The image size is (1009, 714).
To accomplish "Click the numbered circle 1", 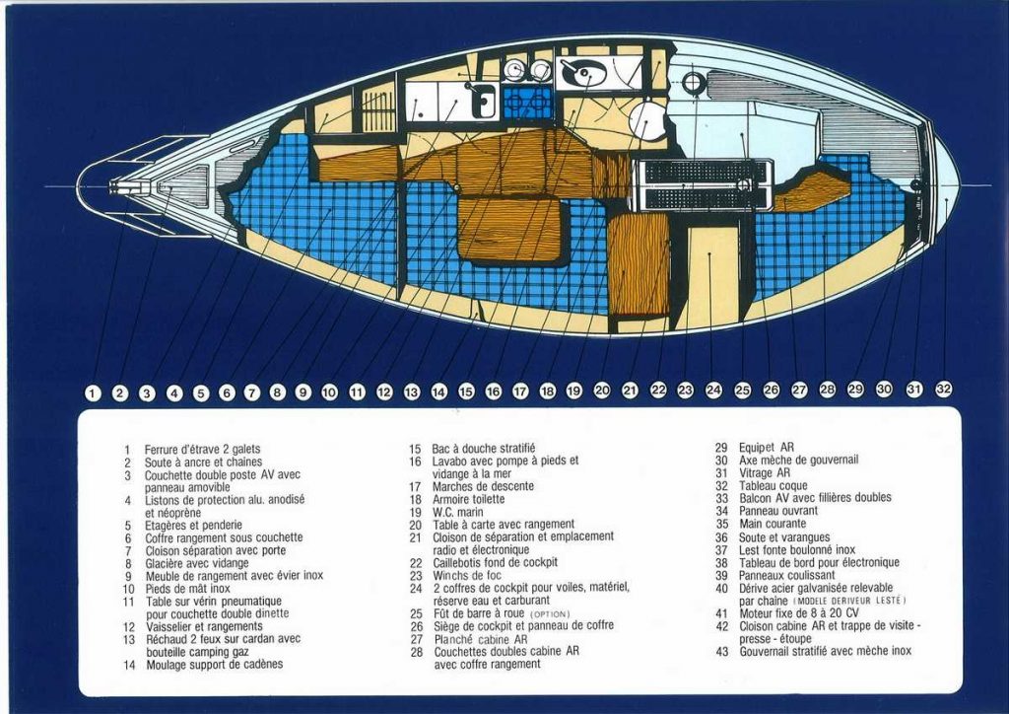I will (x=93, y=393).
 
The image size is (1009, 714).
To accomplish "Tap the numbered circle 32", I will (x=944, y=389).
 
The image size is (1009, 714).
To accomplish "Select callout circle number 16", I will (x=494, y=392).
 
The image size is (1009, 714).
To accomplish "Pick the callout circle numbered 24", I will (x=713, y=391).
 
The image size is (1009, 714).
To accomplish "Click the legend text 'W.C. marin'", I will (x=457, y=512).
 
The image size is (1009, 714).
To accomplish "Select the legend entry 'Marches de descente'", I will (x=483, y=486).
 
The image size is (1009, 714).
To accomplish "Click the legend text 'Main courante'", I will (x=773, y=524).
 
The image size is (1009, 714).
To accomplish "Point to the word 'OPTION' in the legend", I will (x=544, y=613).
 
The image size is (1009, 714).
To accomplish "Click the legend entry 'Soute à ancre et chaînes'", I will (x=203, y=462).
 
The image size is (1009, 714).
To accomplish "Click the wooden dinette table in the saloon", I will (x=509, y=229).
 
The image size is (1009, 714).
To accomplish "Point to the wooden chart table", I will (x=639, y=263).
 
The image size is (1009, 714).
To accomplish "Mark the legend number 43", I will (x=722, y=651).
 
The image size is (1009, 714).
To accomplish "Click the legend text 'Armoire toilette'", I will (x=468, y=499).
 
